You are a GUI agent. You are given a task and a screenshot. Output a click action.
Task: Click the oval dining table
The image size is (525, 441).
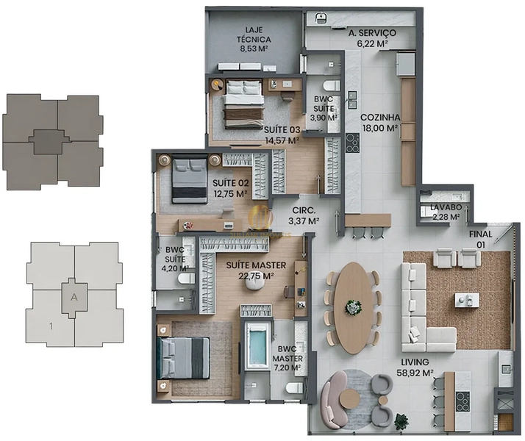[x=354, y=308]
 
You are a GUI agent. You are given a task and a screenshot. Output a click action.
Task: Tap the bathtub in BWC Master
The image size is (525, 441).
[x=257, y=346]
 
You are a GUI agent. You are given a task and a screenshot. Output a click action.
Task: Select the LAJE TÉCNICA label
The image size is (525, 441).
[x=254, y=35]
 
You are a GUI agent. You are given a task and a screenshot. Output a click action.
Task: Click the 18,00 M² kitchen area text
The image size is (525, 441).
[x=380, y=128]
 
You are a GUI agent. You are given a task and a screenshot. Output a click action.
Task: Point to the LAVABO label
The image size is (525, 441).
[x=446, y=207]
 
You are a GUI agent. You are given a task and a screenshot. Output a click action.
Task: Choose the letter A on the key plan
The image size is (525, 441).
[x=74, y=297]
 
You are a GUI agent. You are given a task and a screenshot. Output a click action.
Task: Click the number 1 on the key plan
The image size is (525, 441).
[x=51, y=326]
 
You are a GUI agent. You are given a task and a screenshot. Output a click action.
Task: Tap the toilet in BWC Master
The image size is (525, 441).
[x=295, y=388]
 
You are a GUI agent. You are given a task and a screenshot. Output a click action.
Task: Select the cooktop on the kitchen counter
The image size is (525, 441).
[x=352, y=143]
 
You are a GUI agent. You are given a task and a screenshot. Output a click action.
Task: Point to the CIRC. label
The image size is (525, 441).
[x=304, y=210]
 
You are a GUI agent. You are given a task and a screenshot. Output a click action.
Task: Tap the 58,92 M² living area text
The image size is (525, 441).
[x=415, y=373]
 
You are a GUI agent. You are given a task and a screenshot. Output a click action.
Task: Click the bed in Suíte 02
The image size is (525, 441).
[x=189, y=179]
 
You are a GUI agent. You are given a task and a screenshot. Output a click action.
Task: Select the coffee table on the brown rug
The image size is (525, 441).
[x=466, y=299]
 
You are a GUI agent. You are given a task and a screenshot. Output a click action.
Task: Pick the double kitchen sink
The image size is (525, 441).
[x=351, y=100]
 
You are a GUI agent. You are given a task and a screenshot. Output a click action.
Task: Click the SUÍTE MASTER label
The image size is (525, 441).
[x=256, y=265]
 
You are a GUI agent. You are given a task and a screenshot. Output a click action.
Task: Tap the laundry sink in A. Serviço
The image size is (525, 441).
[x=321, y=18]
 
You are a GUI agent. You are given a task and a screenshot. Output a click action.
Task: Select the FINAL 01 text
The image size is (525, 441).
[x=480, y=239]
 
